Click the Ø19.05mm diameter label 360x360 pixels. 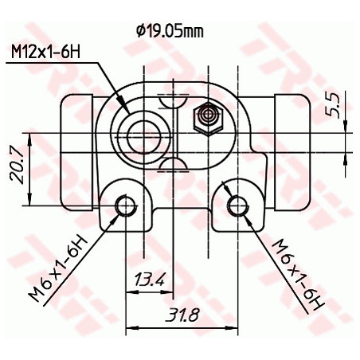coord(170,31)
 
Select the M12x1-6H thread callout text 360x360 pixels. coord(46,53)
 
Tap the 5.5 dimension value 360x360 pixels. coord(333,104)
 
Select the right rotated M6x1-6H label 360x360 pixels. coord(298,271)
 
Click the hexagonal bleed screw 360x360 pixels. coord(209,117)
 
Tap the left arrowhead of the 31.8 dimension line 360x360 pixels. coord(131,326)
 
